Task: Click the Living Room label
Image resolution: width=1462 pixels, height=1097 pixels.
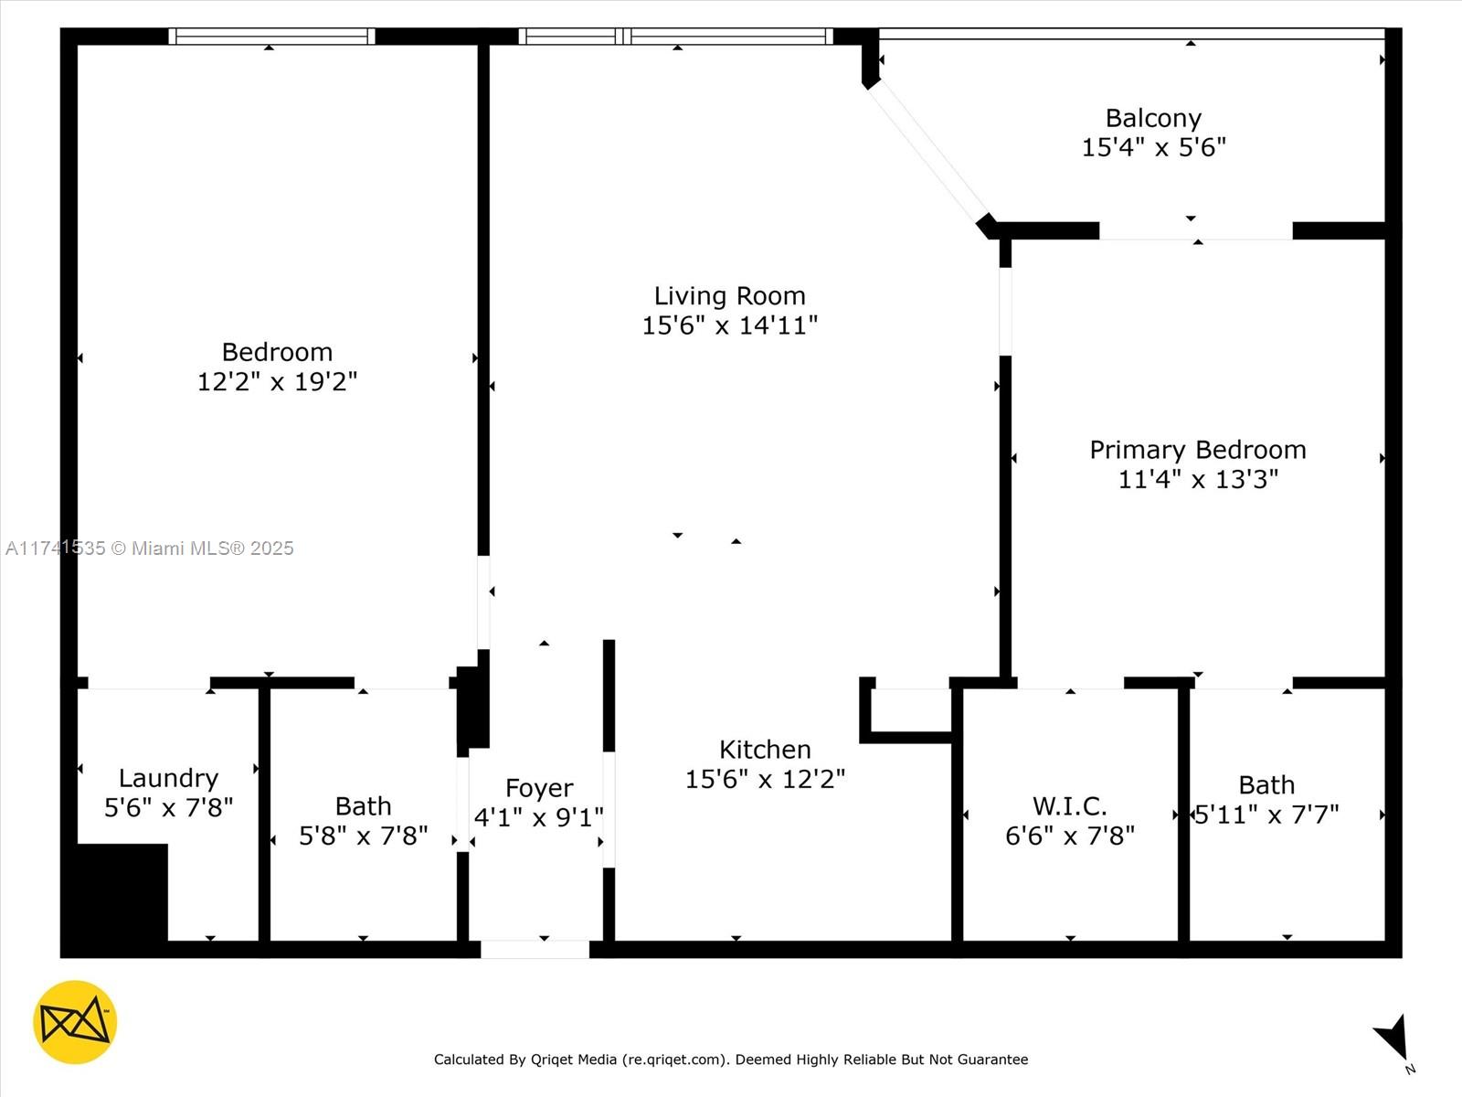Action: (729, 295)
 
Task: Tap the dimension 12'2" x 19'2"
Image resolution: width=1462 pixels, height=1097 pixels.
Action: (277, 381)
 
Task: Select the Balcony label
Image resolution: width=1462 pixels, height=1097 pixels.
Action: (1153, 118)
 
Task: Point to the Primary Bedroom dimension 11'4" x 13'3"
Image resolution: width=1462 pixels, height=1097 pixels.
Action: (1198, 479)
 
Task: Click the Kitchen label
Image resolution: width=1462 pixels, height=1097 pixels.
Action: (765, 750)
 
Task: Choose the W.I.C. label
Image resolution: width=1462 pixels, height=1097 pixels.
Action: (1069, 806)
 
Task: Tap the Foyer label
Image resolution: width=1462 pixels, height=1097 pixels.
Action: (539, 788)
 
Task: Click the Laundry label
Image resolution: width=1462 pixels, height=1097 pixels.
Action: (168, 778)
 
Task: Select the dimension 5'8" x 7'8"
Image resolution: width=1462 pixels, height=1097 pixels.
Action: (363, 836)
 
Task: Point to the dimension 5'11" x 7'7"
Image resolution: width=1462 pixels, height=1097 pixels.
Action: (1266, 814)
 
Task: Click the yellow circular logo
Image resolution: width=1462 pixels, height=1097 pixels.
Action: (75, 1022)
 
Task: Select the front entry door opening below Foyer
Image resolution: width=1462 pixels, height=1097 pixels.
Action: (535, 950)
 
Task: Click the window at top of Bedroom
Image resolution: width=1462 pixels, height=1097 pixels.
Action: (271, 37)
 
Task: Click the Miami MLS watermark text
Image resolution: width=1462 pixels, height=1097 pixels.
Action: (150, 548)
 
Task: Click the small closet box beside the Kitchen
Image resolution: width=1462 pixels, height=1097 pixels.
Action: (909, 709)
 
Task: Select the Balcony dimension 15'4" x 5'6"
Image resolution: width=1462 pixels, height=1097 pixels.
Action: (1153, 147)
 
